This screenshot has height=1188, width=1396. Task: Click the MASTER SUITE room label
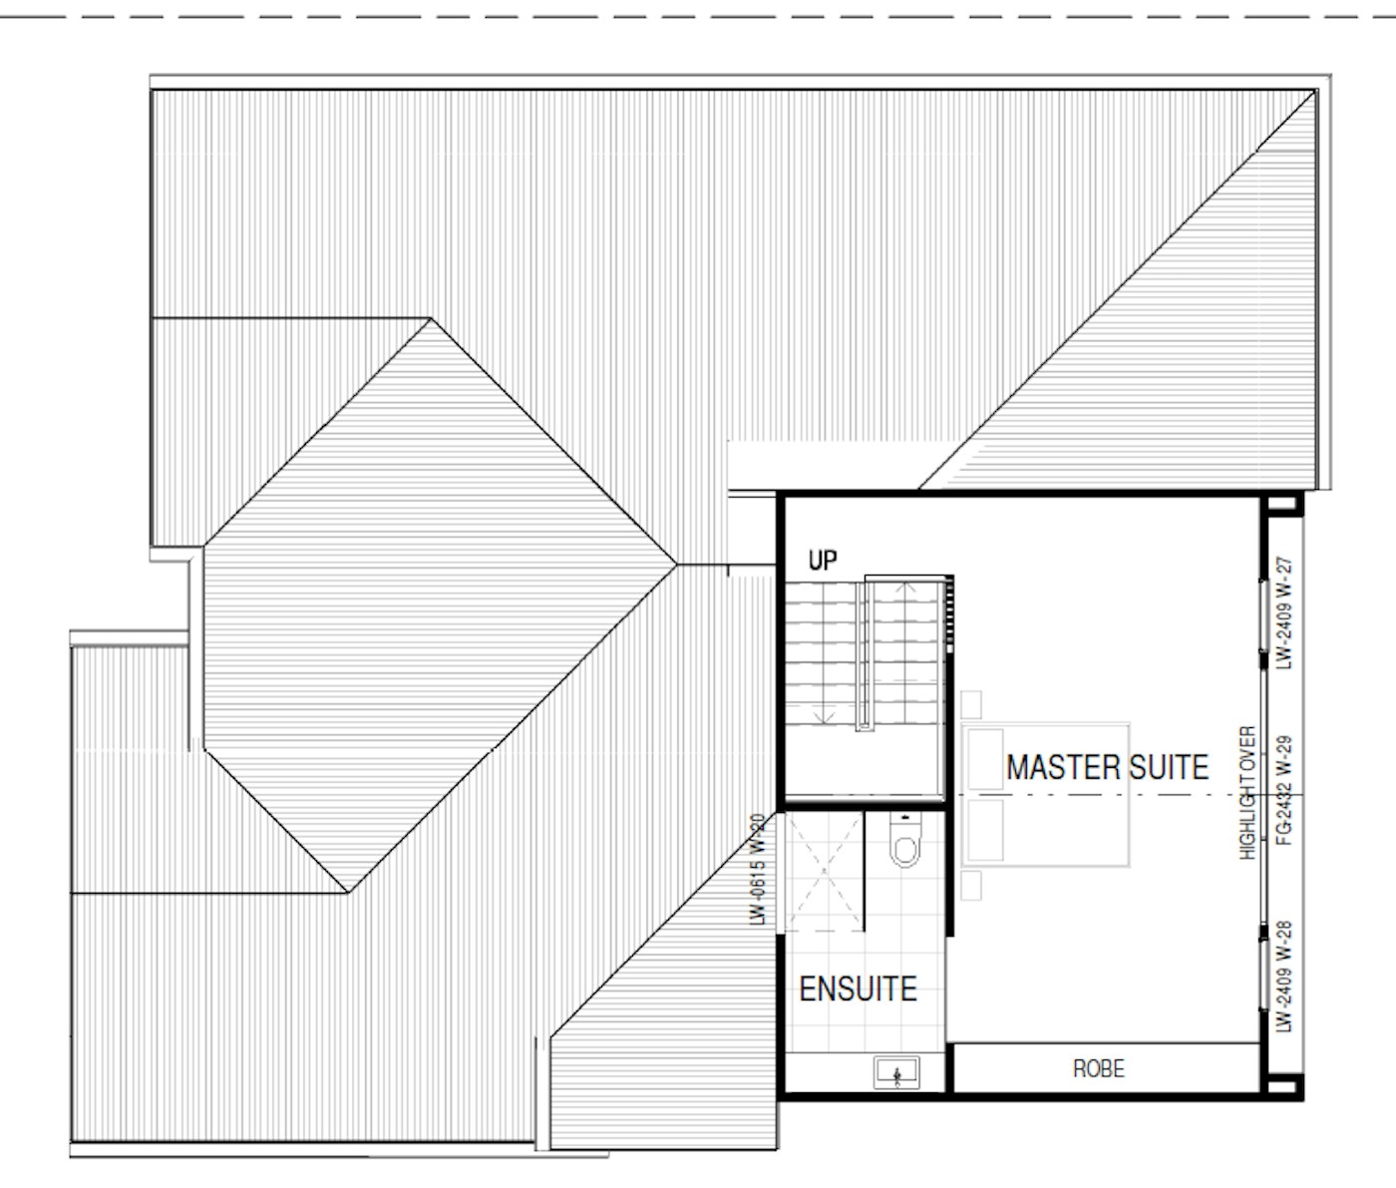pos(1107,768)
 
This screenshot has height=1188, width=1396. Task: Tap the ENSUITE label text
pos(858,990)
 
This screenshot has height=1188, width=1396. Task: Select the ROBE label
pos(1099,1068)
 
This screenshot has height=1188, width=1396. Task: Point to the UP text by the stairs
pos(823,560)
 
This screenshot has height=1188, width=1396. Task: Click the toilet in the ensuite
pos(905,839)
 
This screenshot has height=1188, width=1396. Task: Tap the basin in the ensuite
pos(896,1073)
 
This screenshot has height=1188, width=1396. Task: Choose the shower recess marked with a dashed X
pos(824,872)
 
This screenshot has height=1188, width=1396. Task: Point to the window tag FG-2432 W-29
pos(1284,791)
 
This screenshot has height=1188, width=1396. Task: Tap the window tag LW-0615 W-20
pos(758,869)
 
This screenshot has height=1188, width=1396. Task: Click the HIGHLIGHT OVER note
pos(1247,793)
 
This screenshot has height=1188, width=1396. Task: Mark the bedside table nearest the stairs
pos(971,704)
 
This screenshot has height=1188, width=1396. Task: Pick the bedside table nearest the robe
pos(971,885)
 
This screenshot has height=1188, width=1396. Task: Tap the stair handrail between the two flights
pos(866,655)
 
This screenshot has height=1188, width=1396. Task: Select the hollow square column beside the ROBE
pos(1282,1086)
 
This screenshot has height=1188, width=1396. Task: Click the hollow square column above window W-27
pos(1282,504)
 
